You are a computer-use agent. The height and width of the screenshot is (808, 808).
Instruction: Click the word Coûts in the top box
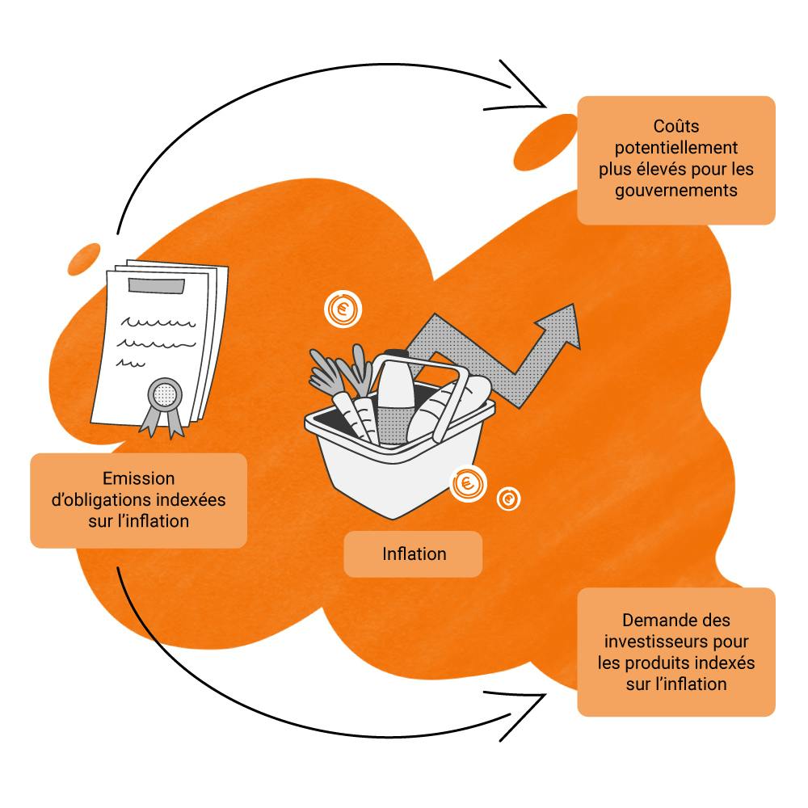pos(676,127)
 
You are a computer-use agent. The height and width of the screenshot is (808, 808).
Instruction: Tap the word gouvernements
pos(676,191)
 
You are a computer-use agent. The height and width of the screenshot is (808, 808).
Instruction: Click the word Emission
pos(138,478)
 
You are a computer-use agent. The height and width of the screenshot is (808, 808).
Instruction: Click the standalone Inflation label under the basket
pos(414,554)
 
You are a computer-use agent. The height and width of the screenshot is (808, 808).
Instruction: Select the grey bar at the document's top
pos(157,285)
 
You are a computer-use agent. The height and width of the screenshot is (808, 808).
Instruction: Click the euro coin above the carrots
pos(343,309)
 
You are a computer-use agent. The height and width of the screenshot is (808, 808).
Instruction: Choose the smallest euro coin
pos(508,499)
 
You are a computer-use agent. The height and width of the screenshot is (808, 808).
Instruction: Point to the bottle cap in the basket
pos(393,356)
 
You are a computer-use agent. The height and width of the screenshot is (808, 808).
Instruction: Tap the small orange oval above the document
pos(84,258)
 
